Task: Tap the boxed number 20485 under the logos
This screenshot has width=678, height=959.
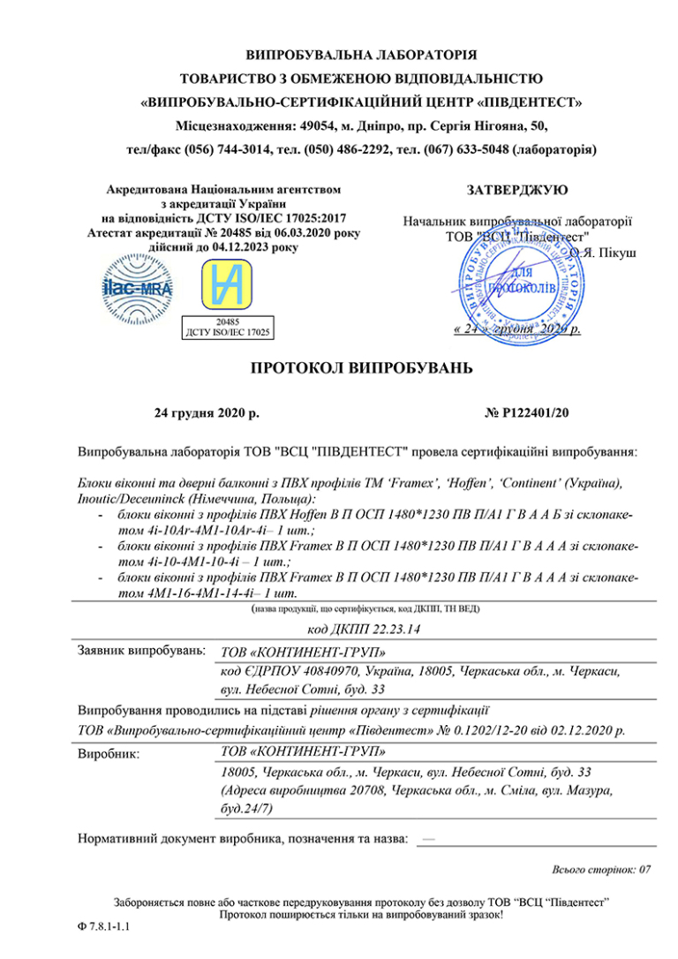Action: pos(227,322)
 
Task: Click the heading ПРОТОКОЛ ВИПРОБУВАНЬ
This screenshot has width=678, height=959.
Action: pos(338,367)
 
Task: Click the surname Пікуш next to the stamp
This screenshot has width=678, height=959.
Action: pos(614,252)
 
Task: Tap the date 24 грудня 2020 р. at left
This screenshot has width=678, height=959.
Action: pos(207,412)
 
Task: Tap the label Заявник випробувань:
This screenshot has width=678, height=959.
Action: pos(142,651)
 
